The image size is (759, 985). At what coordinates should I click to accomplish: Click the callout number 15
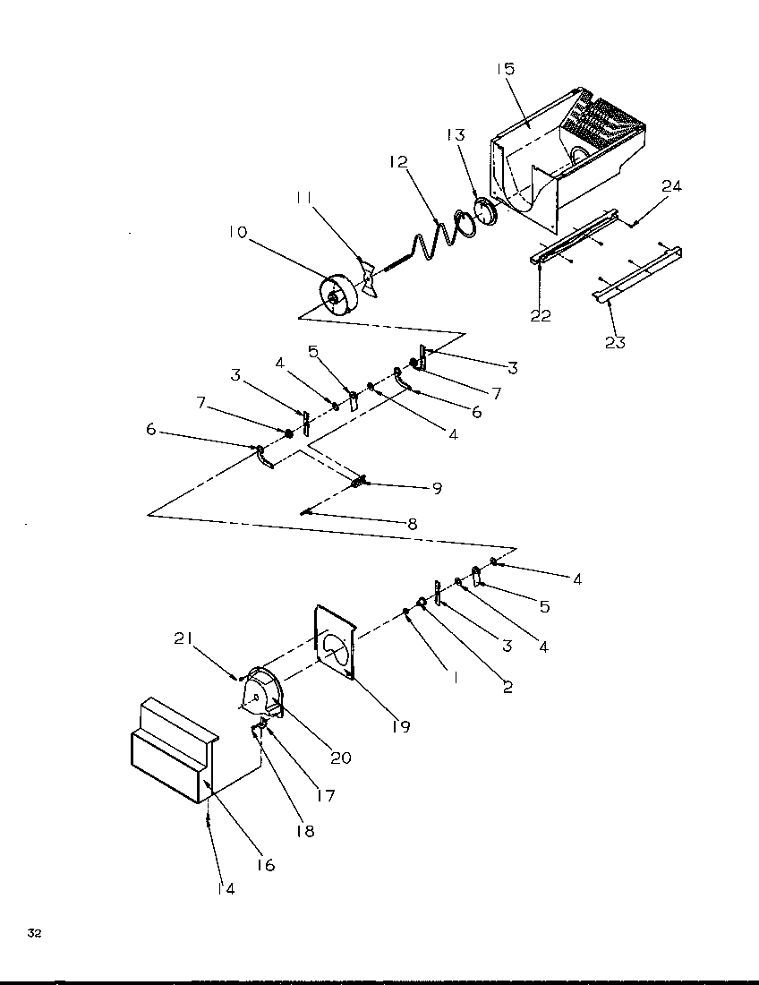pos(504,68)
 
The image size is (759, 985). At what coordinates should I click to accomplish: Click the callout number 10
pos(237,233)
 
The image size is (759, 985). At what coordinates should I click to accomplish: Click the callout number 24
pos(671,186)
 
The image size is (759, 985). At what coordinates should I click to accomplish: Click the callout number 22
pos(541,315)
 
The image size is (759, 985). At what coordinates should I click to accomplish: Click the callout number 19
pos(400,726)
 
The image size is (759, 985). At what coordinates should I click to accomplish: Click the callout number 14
pos(227,888)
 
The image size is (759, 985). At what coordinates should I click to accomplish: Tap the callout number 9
pos(437,489)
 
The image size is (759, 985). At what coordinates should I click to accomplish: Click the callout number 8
pos(412,524)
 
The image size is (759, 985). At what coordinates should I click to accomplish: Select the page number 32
pos(34,933)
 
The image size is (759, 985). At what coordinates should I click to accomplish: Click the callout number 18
pos(305,830)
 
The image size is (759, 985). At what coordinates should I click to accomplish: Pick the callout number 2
pos(507,688)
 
